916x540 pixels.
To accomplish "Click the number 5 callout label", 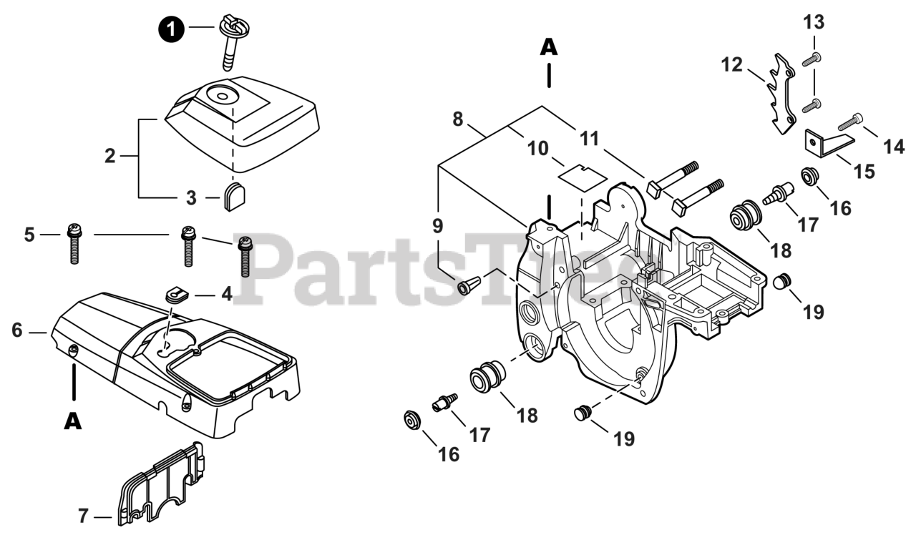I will (29, 235).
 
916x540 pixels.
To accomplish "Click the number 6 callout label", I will (18, 330).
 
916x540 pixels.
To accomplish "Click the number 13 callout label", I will (814, 22).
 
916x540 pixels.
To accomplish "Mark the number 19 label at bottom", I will (624, 438).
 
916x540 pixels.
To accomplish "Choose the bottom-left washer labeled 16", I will (411, 420).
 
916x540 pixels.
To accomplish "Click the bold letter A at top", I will (548, 46).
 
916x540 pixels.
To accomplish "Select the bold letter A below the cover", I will (72, 422).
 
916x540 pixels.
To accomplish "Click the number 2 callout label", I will (109, 156).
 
